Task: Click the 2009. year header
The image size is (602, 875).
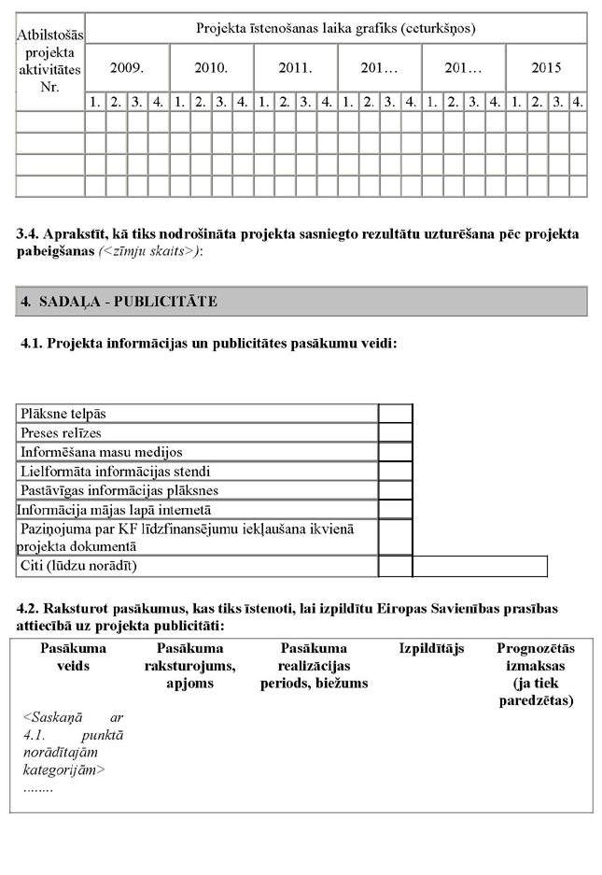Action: (126, 68)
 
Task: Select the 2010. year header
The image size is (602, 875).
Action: (211, 68)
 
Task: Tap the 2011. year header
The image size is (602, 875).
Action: (295, 68)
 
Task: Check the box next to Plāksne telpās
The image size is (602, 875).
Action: (395, 414)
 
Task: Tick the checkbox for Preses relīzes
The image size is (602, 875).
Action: (395, 432)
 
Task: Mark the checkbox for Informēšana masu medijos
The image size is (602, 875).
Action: (395, 452)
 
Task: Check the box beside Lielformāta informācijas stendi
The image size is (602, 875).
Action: (395, 471)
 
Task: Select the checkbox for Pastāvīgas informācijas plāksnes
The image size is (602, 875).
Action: (395, 490)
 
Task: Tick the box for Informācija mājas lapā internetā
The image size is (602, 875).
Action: (395, 510)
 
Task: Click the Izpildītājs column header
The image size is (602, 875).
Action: (431, 648)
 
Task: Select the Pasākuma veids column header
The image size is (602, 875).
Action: (73, 656)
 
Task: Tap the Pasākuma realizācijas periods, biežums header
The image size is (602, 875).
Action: (314, 666)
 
